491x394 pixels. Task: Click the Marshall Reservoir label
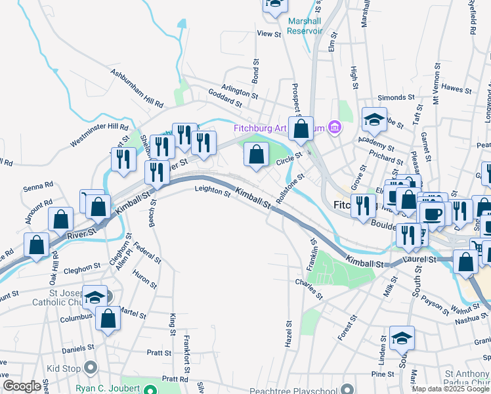point(305,25)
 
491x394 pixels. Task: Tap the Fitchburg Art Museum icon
point(334,127)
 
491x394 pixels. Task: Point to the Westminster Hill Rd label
point(98,135)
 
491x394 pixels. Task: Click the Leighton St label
point(212,192)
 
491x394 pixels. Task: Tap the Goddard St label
point(224,99)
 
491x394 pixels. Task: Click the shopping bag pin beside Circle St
point(256,155)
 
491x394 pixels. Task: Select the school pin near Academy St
point(374,120)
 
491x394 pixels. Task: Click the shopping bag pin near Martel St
point(108,318)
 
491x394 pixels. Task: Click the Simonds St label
point(393,98)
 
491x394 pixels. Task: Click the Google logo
point(22,386)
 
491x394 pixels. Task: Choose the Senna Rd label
point(38,188)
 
